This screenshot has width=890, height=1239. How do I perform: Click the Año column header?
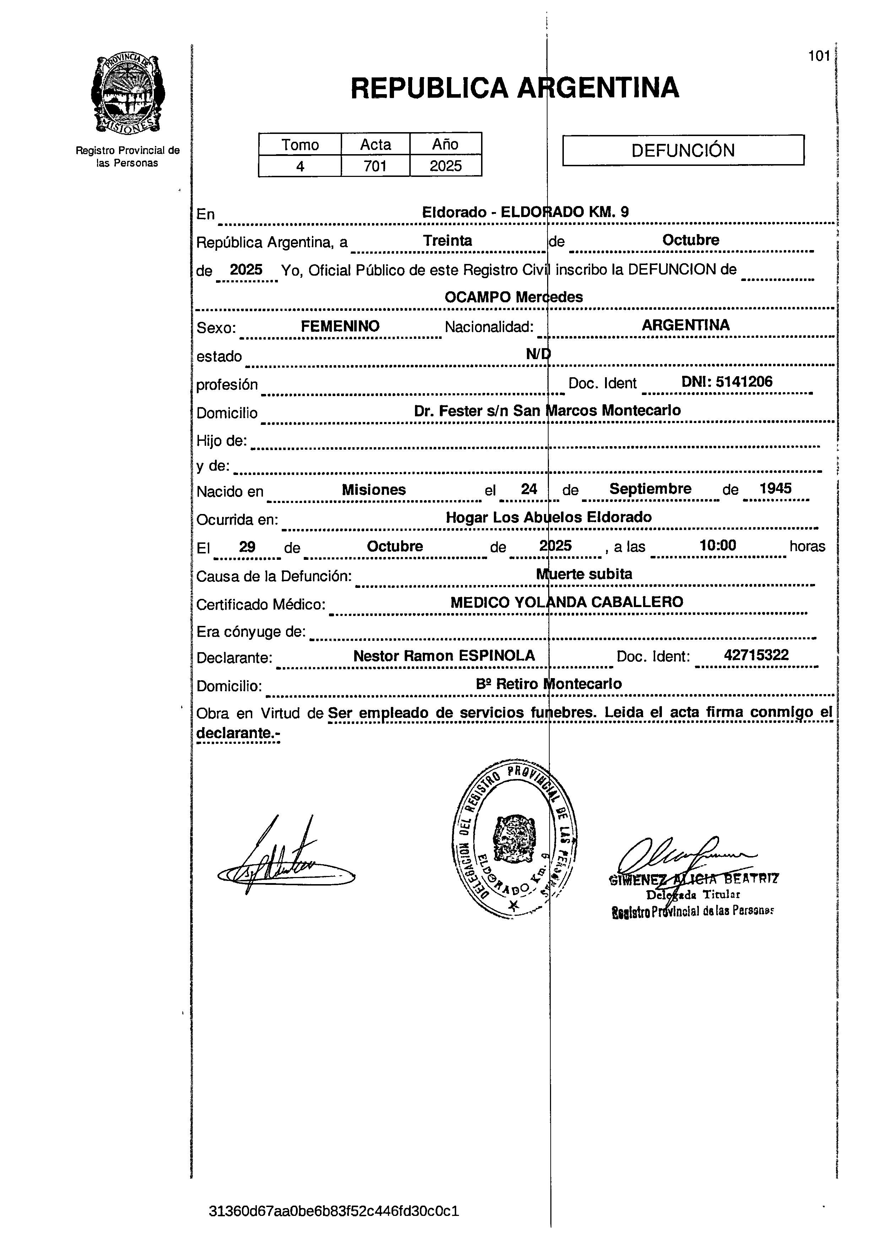pos(445,144)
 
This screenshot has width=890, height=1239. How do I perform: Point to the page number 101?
pos(819,56)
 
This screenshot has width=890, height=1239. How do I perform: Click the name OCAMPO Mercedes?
pos(513,297)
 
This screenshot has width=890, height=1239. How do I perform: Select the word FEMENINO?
pos(340,326)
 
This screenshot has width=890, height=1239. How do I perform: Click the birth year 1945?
pos(775,488)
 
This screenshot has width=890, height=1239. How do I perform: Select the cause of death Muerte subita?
pos(583,574)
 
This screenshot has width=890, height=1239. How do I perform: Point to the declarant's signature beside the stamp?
pos(284,863)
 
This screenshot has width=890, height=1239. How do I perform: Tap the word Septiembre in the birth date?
pos(650,488)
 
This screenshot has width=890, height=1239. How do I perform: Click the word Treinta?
pos(447,241)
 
